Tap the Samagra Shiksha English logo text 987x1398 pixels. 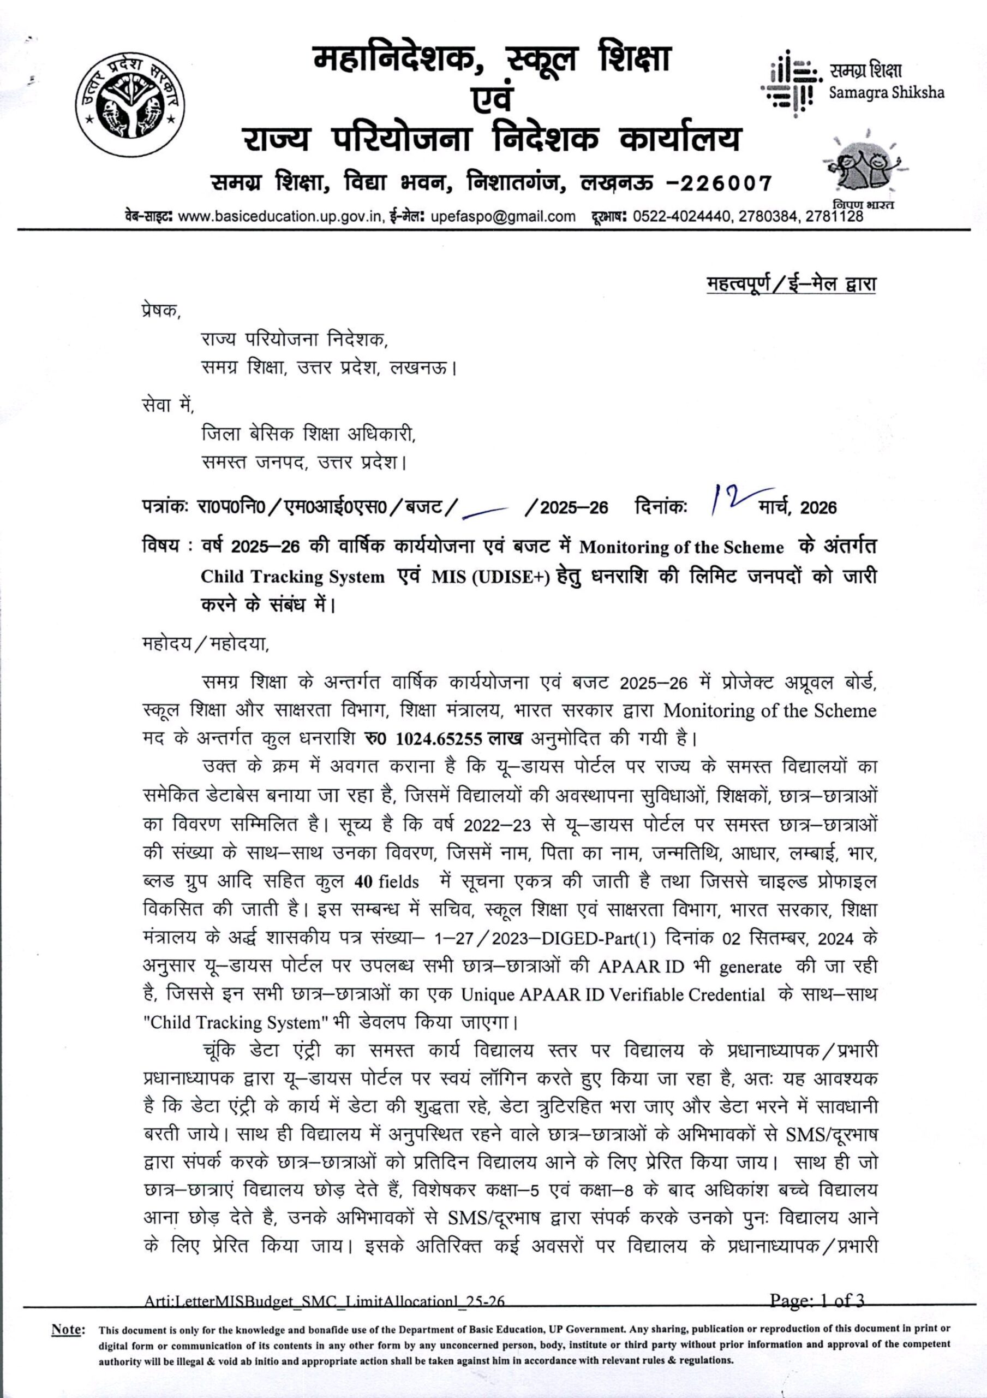887,92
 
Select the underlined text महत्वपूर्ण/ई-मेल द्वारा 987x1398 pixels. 791,284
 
